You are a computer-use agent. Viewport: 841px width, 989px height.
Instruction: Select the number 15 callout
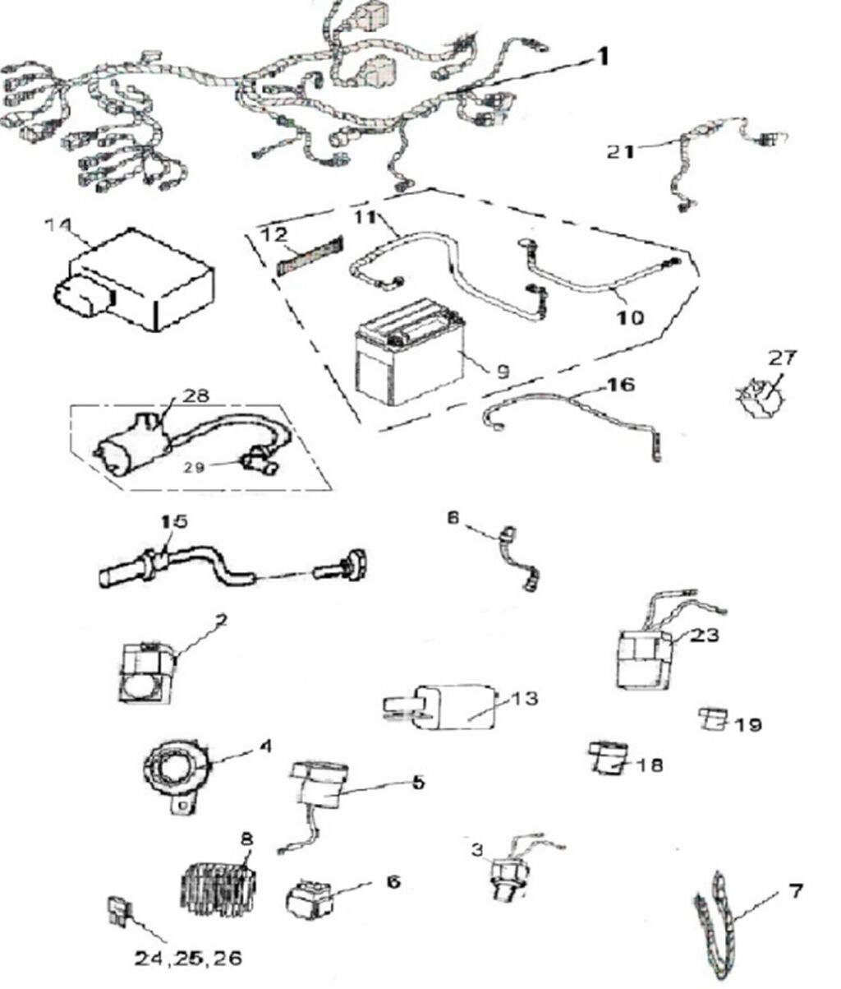174,521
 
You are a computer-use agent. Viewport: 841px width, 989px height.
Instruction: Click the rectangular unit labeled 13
448,705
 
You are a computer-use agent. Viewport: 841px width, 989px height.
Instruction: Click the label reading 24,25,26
189,958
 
